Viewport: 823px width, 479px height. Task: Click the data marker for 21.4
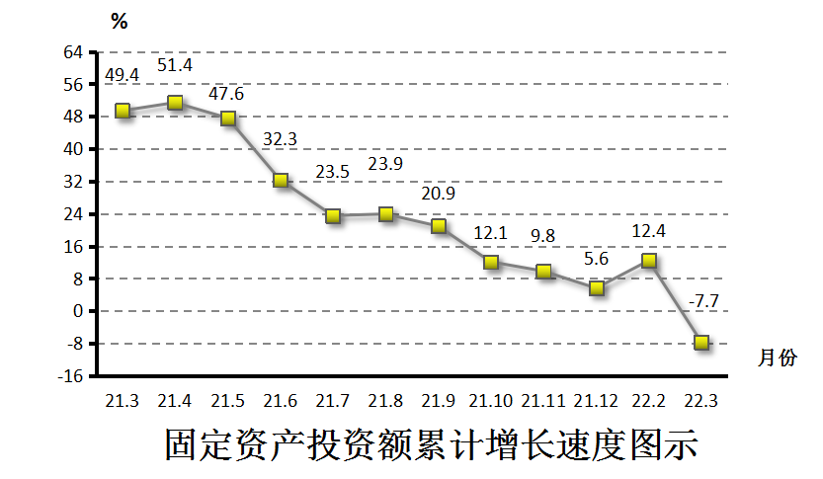[x=175, y=103]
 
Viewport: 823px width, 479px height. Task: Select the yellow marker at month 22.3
[x=701, y=343]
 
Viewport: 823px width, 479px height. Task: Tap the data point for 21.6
[x=281, y=181]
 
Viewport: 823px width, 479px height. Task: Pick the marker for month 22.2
[x=649, y=261]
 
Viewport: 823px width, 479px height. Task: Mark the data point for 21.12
[x=597, y=288]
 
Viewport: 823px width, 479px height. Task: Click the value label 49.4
[x=123, y=74]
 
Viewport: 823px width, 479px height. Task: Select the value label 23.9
[x=386, y=164]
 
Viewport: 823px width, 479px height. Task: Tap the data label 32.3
[x=281, y=139]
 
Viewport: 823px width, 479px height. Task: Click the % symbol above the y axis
[x=120, y=22]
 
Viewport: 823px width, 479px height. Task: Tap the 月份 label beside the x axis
[x=778, y=358]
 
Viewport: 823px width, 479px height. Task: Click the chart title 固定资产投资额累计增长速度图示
[x=432, y=444]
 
